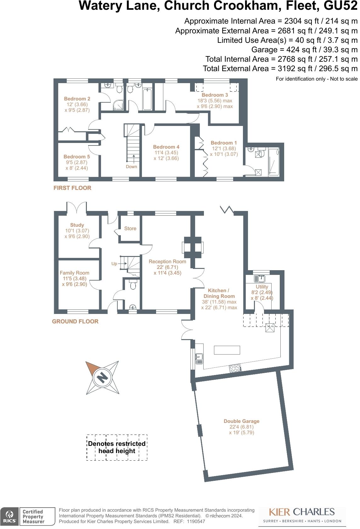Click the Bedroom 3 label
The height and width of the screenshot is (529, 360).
click(x=215, y=95)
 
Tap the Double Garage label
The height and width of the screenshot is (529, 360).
click(x=241, y=421)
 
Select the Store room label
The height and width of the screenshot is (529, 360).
click(x=130, y=228)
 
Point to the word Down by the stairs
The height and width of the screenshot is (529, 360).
click(x=131, y=167)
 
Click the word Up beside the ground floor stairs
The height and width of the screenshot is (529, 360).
click(x=114, y=264)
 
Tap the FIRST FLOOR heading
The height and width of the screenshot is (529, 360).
click(x=72, y=188)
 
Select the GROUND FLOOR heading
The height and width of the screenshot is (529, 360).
click(x=75, y=321)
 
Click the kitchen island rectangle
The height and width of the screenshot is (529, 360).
click(x=227, y=350)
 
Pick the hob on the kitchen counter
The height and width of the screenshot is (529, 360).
click(x=235, y=368)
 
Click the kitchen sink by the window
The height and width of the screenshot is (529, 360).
click(x=199, y=359)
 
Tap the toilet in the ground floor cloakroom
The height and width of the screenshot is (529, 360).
click(x=133, y=285)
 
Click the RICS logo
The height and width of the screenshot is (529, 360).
click(x=9, y=516)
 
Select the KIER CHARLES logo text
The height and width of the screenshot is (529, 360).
click(x=301, y=512)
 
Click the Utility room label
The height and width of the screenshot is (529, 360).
click(x=262, y=287)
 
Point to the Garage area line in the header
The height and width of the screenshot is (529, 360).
click(x=304, y=49)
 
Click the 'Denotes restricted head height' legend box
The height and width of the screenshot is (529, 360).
click(x=117, y=447)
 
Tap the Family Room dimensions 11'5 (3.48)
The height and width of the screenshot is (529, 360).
click(x=74, y=278)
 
